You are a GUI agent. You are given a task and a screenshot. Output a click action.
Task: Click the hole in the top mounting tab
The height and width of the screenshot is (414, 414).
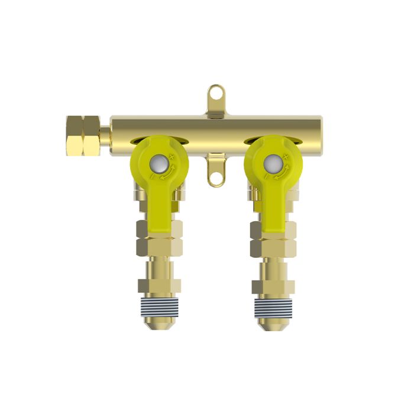tap(216, 93)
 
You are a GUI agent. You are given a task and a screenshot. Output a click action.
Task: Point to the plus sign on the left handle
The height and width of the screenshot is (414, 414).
tap(172, 156)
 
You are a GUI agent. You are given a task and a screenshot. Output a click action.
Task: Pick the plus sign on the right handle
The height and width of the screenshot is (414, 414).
tap(286, 156)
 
